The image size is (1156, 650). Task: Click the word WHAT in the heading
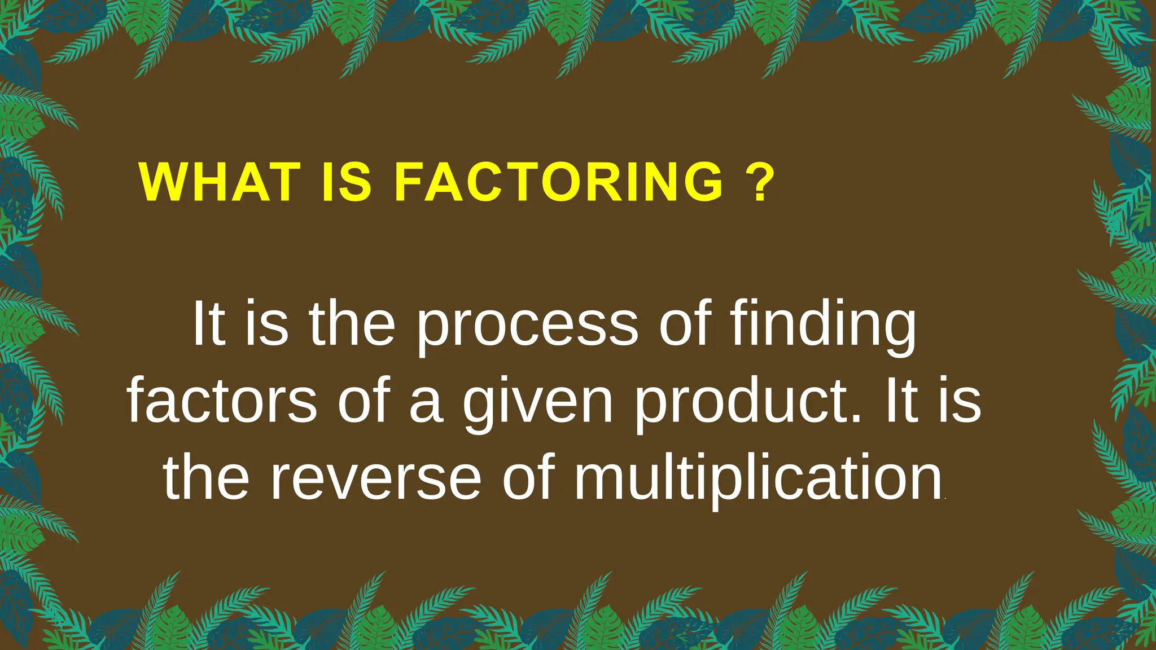(220, 182)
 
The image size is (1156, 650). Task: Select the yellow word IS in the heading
(347, 182)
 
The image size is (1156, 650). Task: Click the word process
(528, 327)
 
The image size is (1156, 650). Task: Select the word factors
(222, 402)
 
